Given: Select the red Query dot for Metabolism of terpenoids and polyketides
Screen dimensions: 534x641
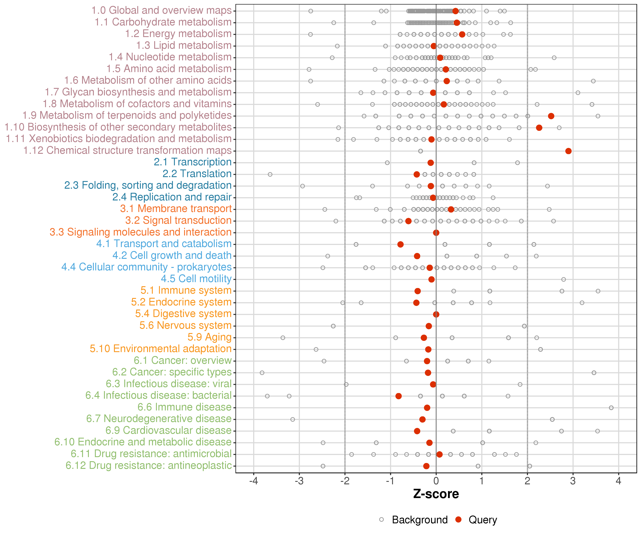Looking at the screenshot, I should [551, 116].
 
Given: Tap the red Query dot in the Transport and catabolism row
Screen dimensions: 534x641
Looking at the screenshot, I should [400, 244].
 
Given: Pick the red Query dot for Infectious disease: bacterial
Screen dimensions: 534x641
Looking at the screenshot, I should [398, 396].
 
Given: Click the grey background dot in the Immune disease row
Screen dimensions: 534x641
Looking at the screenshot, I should [611, 408].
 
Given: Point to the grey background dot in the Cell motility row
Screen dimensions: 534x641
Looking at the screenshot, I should [564, 279].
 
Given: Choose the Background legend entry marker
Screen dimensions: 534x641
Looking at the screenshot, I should [382, 520].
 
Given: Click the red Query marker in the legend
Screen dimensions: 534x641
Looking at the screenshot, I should [458, 520].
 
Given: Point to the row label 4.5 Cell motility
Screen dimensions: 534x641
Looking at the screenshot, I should [196, 279].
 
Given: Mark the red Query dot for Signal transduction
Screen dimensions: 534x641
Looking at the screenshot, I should [408, 221].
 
